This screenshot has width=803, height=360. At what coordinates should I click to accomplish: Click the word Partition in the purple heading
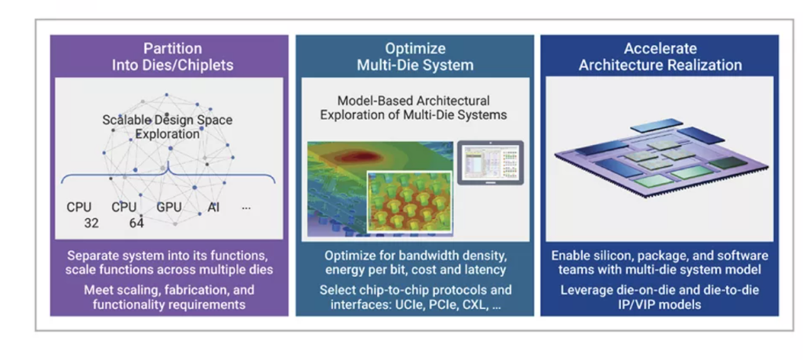172,49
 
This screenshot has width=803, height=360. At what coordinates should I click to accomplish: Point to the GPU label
169,208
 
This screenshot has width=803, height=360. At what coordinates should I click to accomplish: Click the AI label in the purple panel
213,208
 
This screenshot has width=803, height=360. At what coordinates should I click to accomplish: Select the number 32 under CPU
92,224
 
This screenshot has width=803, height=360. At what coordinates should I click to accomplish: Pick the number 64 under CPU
137,224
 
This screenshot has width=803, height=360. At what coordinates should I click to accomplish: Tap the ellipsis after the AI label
246,209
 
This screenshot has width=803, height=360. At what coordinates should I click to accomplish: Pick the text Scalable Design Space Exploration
167,127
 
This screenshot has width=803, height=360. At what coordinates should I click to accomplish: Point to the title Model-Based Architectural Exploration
413,107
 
